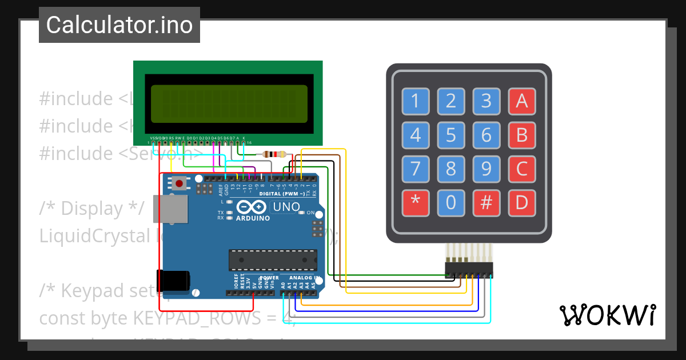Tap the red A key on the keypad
[521, 101]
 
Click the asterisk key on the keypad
[415, 203]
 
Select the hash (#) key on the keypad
[486, 203]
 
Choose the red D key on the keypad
[521, 203]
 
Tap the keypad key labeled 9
[486, 169]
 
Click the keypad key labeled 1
[415, 101]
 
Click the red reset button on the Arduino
[180, 184]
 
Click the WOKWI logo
[607, 315]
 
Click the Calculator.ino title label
[119, 25]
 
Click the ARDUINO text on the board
[252, 218]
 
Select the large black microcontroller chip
[273, 259]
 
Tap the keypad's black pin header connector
[469, 271]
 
